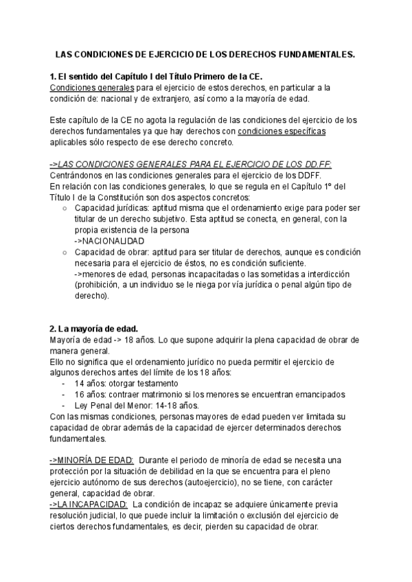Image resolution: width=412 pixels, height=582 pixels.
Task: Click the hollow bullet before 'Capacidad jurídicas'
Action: tap(65, 209)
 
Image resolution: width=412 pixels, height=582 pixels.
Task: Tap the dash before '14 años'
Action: tap(63, 383)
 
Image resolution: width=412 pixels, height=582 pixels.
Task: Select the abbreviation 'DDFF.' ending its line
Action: tap(304, 175)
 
